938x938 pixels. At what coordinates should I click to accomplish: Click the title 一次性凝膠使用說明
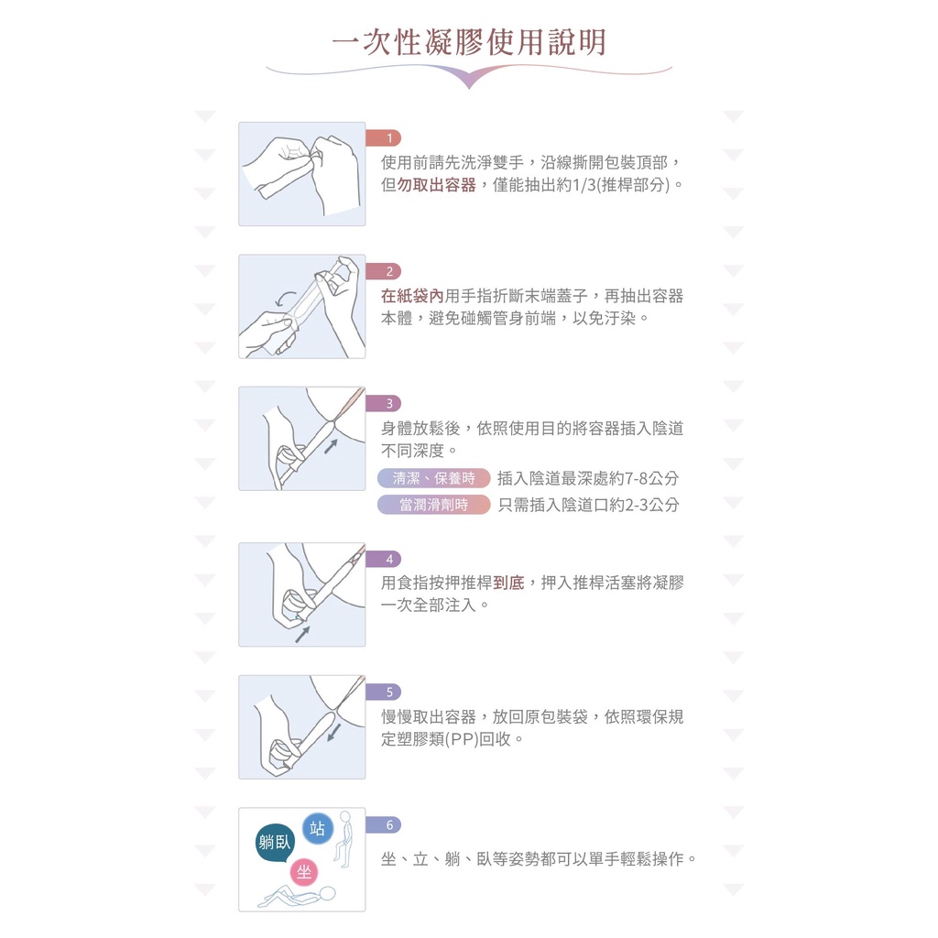click(x=469, y=42)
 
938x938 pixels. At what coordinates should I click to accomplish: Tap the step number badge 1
click(x=384, y=138)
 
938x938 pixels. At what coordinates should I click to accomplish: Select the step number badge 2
click(x=384, y=271)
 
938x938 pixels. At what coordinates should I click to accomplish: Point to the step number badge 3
click(x=384, y=403)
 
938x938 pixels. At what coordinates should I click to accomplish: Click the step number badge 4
click(x=384, y=559)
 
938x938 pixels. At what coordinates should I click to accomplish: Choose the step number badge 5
click(x=384, y=692)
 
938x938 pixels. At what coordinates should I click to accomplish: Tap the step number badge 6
click(x=384, y=824)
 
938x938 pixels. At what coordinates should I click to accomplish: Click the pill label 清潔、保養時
click(x=433, y=478)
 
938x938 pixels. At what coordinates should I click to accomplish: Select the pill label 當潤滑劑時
click(x=433, y=505)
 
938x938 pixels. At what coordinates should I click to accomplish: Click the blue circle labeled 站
click(x=318, y=828)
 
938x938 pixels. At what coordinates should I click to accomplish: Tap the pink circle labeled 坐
click(x=304, y=872)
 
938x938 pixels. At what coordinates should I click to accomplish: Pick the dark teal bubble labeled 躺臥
click(x=275, y=843)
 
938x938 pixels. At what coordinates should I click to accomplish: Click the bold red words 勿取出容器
click(x=437, y=185)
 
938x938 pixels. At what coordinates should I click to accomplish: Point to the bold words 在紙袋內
click(x=413, y=296)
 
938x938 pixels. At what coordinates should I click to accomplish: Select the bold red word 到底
click(x=508, y=583)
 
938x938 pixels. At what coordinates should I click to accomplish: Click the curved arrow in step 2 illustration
click(x=285, y=298)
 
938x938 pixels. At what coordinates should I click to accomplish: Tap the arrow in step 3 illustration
click(x=332, y=446)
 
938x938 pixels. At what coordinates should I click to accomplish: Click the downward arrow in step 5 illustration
click(x=334, y=733)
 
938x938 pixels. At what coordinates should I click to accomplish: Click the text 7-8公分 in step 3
click(x=651, y=478)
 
